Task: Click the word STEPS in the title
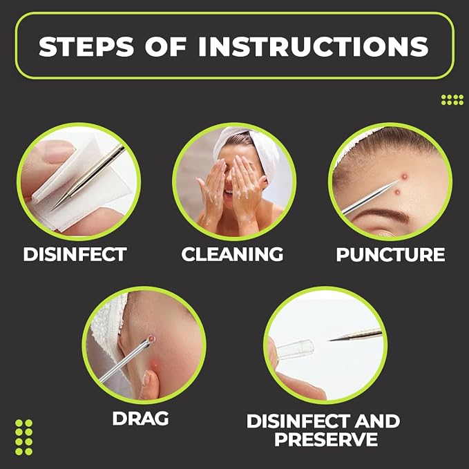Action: pos(86,46)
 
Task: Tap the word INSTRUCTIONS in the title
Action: pos(314,46)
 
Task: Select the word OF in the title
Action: pos(166,46)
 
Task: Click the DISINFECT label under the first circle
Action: pos(75,254)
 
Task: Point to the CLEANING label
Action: pos(232,254)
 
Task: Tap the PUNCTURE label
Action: pos(390,255)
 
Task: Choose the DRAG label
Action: pos(140,418)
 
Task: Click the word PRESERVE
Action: pos(326,439)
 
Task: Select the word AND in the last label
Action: pos(377,421)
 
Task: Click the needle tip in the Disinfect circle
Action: pos(52,210)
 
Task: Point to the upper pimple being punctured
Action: pos(404,176)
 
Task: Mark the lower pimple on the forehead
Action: pos(398,192)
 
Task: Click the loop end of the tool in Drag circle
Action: pos(151,339)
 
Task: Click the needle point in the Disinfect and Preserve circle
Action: pos(329,340)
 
